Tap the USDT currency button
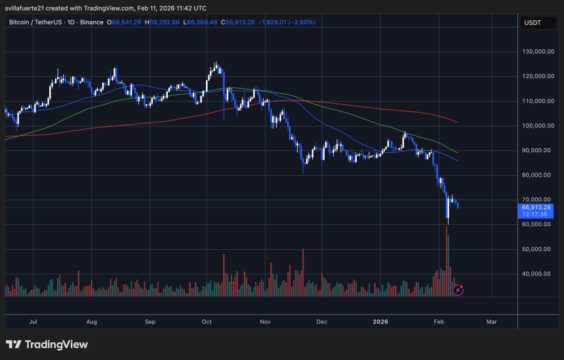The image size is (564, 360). (x=531, y=23)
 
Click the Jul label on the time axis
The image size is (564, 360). (x=33, y=322)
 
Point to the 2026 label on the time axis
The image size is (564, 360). (x=381, y=322)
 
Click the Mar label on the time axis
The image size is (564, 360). (x=492, y=322)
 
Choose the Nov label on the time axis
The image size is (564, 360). (x=266, y=322)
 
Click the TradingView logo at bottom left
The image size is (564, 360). (x=47, y=344)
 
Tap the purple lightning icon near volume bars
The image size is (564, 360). (x=458, y=289)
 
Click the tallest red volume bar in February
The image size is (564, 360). (x=448, y=262)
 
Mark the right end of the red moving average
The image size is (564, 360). (x=456, y=121)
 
